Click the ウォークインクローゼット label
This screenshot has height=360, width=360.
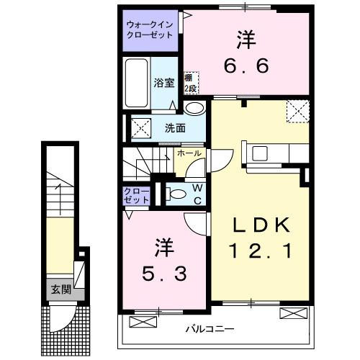tap(149, 29)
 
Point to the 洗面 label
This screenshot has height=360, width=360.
tap(175, 128)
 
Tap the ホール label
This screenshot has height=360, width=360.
tap(189, 153)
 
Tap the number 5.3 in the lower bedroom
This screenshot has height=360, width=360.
tap(163, 274)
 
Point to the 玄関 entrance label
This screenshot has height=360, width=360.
tap(60, 289)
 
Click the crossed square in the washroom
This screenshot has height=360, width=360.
tap(139, 130)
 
